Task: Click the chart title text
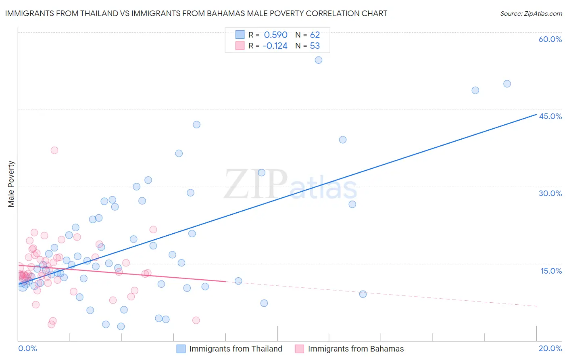tap(196, 13)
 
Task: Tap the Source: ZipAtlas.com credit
tap(531, 13)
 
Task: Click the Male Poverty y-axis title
tap(11, 184)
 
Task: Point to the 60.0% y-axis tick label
tap(550, 39)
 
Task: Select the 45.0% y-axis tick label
tap(550, 116)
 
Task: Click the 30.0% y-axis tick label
tap(550, 193)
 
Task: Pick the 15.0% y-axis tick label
tap(551, 271)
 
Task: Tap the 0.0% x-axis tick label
tap(27, 348)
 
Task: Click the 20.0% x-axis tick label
tap(550, 348)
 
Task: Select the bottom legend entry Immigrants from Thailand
tap(236, 349)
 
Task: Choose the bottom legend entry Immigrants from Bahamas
tap(356, 349)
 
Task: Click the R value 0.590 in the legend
tap(275, 35)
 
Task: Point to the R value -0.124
tap(275, 46)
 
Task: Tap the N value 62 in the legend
tap(315, 35)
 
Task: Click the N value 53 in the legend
tap(315, 46)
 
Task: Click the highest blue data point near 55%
tap(319, 60)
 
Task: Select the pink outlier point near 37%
tap(54, 150)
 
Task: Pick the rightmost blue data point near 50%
tap(507, 84)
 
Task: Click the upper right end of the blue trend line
tap(536, 115)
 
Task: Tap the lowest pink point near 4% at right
tap(196, 320)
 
